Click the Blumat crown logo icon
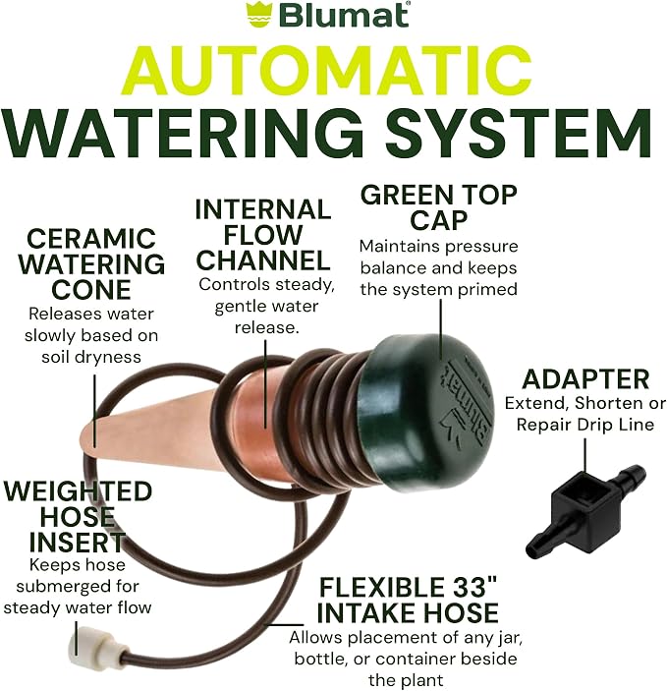tap(259, 15)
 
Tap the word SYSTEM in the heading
tap(519, 132)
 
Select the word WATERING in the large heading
tap(185, 132)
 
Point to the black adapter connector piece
tap(585, 510)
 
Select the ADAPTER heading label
tap(585, 379)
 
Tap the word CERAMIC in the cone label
tap(91, 239)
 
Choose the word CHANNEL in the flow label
tap(263, 260)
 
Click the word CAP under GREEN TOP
tap(438, 220)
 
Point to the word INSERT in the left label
tap(77, 542)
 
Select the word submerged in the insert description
tap(60, 586)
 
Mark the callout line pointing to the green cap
tap(441, 329)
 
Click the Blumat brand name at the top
tap(344, 15)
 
